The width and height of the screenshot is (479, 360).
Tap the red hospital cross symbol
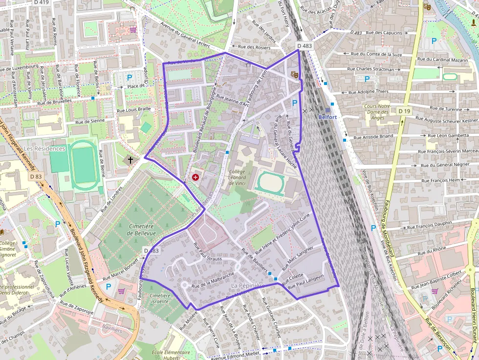click(196, 177)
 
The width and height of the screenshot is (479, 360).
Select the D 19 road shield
click(404, 111)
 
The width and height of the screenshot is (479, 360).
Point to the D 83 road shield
click(36, 176)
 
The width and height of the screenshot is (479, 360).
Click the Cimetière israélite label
click(160, 299)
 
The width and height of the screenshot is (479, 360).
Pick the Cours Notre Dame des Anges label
click(377, 112)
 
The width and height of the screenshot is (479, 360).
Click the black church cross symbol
click(130, 159)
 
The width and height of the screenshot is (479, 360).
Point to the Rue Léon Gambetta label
click(448, 135)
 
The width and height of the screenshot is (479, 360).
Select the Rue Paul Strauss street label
click(207, 252)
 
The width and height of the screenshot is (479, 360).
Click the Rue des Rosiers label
click(254, 47)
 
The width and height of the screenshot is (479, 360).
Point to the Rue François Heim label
click(440, 180)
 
